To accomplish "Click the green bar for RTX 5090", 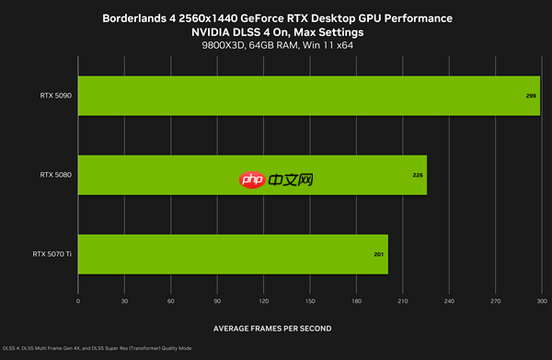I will [x=308, y=95].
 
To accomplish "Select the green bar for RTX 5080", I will [x=252, y=175].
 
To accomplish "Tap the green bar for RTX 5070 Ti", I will [x=233, y=254].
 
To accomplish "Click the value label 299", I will [x=531, y=95].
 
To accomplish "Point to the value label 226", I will [x=418, y=175].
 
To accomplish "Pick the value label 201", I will [x=378, y=254].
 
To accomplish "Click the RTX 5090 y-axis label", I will [x=56, y=95].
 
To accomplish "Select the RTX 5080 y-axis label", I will [x=56, y=175].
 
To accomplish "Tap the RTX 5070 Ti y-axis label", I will [x=52, y=254].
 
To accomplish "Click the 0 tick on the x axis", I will [x=78, y=301].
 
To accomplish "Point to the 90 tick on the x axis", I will [x=217, y=301].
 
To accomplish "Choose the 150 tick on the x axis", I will [x=310, y=301].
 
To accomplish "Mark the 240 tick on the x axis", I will [x=449, y=301].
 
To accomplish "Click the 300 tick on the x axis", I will [x=541, y=301].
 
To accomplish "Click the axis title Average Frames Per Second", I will [x=272, y=328].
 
